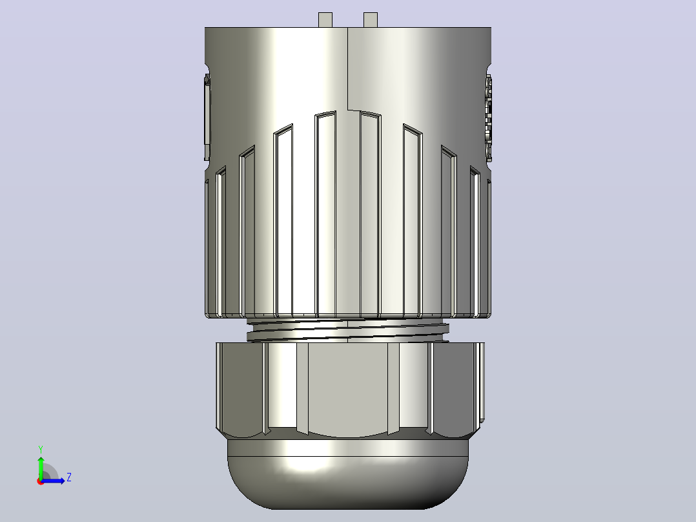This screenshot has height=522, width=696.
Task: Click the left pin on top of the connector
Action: click(325, 20)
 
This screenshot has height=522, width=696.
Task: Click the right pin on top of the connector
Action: click(370, 20)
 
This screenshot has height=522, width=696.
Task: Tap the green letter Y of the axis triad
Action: click(41, 449)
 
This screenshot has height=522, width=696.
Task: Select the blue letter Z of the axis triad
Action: click(69, 477)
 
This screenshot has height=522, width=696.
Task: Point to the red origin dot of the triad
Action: click(41, 481)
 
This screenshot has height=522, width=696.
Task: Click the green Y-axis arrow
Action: click(41, 467)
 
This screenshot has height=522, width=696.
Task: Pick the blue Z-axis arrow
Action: click(53, 481)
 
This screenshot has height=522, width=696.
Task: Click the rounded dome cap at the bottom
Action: click(348, 483)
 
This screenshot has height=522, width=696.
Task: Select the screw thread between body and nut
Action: click(348, 329)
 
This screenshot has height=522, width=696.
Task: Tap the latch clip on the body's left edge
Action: click(207, 118)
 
